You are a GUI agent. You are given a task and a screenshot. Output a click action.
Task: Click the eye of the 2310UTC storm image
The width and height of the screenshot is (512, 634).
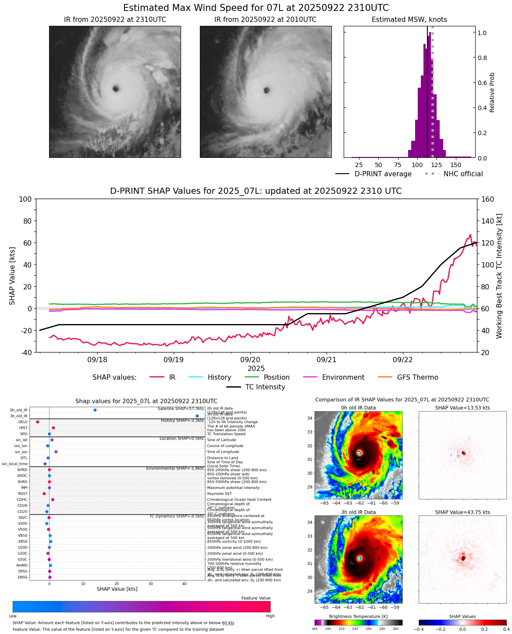[116, 89]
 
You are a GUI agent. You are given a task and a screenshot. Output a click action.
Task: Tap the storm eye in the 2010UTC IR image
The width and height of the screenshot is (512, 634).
[267, 90]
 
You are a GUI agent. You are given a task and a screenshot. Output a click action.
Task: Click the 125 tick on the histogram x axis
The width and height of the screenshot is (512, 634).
[437, 165]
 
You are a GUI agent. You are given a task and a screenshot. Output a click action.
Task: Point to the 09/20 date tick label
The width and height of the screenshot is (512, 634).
[250, 360]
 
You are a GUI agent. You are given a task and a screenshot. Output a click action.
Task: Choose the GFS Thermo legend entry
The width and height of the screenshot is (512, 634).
[417, 378]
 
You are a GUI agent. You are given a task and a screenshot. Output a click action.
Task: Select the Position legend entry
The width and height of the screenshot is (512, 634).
[276, 378]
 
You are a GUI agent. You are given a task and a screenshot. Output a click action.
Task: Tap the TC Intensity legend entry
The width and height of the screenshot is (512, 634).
[265, 387]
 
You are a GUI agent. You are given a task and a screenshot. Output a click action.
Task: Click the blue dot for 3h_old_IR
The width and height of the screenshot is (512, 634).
[197, 416]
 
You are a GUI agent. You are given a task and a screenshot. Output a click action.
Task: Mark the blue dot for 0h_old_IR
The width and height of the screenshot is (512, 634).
[95, 410]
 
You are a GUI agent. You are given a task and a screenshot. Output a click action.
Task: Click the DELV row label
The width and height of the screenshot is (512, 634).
[23, 422]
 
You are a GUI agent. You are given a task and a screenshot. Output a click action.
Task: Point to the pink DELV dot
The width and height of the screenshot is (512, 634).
[38, 422]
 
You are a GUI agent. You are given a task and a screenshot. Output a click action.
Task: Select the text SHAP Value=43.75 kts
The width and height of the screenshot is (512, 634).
[462, 512]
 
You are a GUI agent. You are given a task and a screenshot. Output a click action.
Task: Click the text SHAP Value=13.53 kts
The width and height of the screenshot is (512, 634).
[462, 408]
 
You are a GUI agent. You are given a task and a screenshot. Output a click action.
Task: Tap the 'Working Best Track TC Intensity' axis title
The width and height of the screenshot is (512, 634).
[499, 276]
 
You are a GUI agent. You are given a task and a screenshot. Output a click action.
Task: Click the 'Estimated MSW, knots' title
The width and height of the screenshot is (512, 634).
[409, 20]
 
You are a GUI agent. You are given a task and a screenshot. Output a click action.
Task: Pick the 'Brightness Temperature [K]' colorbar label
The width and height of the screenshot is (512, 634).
[358, 616]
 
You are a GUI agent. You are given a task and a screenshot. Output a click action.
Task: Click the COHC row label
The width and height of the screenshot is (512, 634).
[22, 499]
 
